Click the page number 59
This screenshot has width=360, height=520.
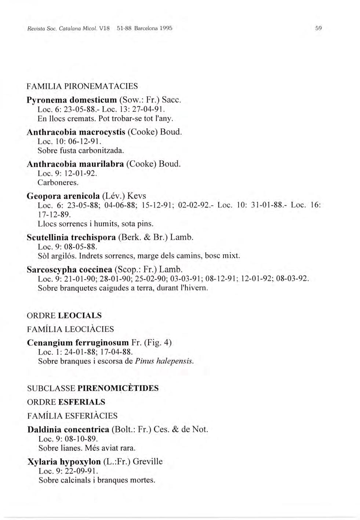(318, 28)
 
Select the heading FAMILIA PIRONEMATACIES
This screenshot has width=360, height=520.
(83, 87)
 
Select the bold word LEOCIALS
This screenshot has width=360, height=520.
(80, 315)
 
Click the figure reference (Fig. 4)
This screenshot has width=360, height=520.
(157, 343)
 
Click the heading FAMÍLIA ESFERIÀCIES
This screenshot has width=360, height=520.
(72, 416)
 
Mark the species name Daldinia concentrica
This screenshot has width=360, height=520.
(68, 429)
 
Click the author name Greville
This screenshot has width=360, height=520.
(148, 461)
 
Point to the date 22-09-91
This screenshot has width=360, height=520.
(80, 471)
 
